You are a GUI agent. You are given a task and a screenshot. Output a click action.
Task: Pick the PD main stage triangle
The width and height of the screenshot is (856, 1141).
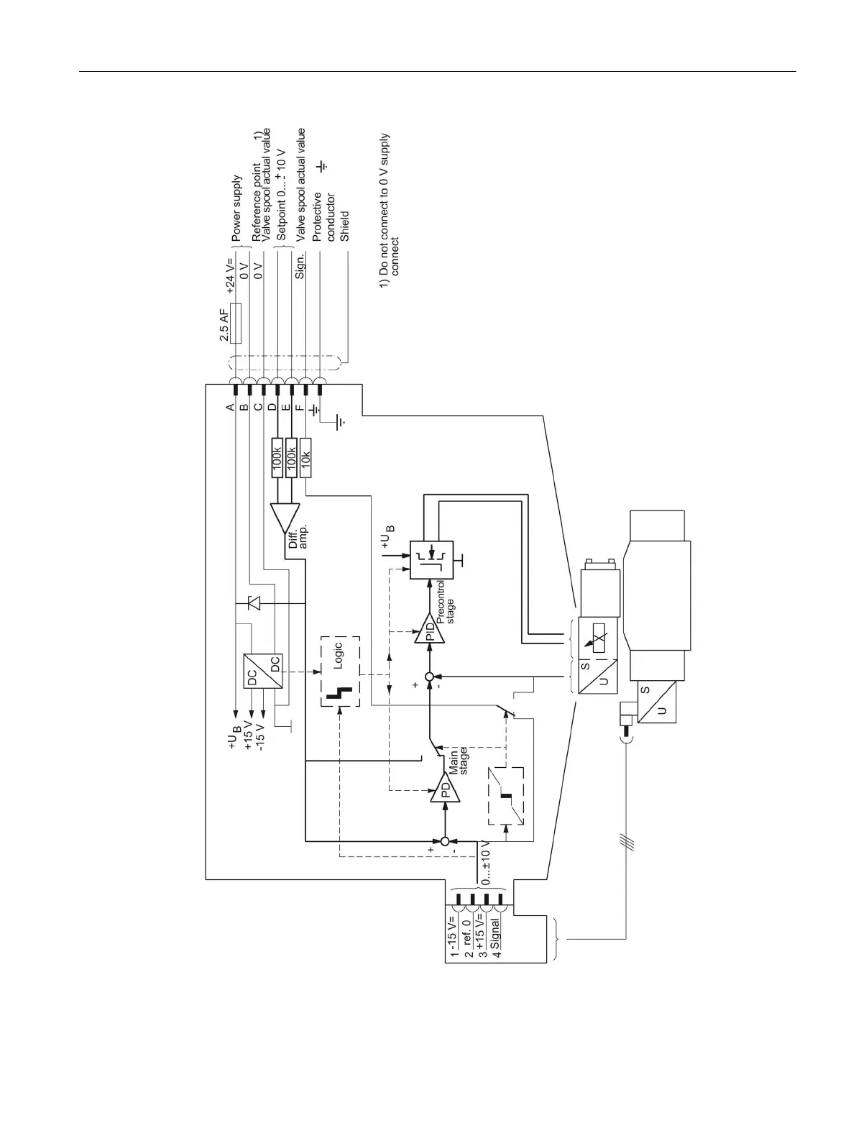point(444,790)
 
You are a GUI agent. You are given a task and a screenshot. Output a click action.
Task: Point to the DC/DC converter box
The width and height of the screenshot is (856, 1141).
point(263,670)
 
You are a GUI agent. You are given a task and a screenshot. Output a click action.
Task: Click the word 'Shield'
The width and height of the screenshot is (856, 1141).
point(345,225)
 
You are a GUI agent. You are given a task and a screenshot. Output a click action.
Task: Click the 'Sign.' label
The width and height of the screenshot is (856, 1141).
point(301,265)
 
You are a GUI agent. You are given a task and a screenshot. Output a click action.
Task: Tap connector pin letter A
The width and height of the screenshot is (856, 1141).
point(230,408)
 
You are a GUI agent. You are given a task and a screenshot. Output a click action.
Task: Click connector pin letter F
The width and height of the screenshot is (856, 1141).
point(299,408)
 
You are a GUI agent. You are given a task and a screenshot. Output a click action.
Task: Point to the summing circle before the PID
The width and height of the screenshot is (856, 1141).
point(430,677)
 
